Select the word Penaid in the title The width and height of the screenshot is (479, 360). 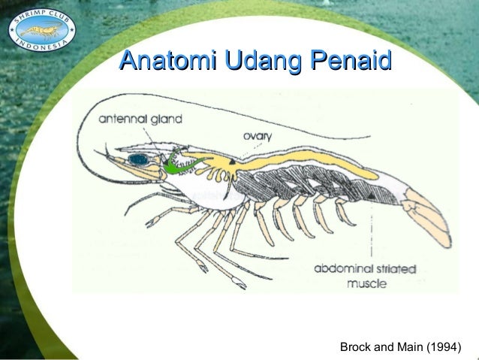tap(347, 59)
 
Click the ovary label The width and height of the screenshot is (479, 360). tap(258, 136)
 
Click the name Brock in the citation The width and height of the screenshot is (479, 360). tap(357, 347)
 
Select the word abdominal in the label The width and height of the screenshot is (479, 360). tap(342, 268)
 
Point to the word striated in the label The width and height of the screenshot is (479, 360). tap(391, 268)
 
